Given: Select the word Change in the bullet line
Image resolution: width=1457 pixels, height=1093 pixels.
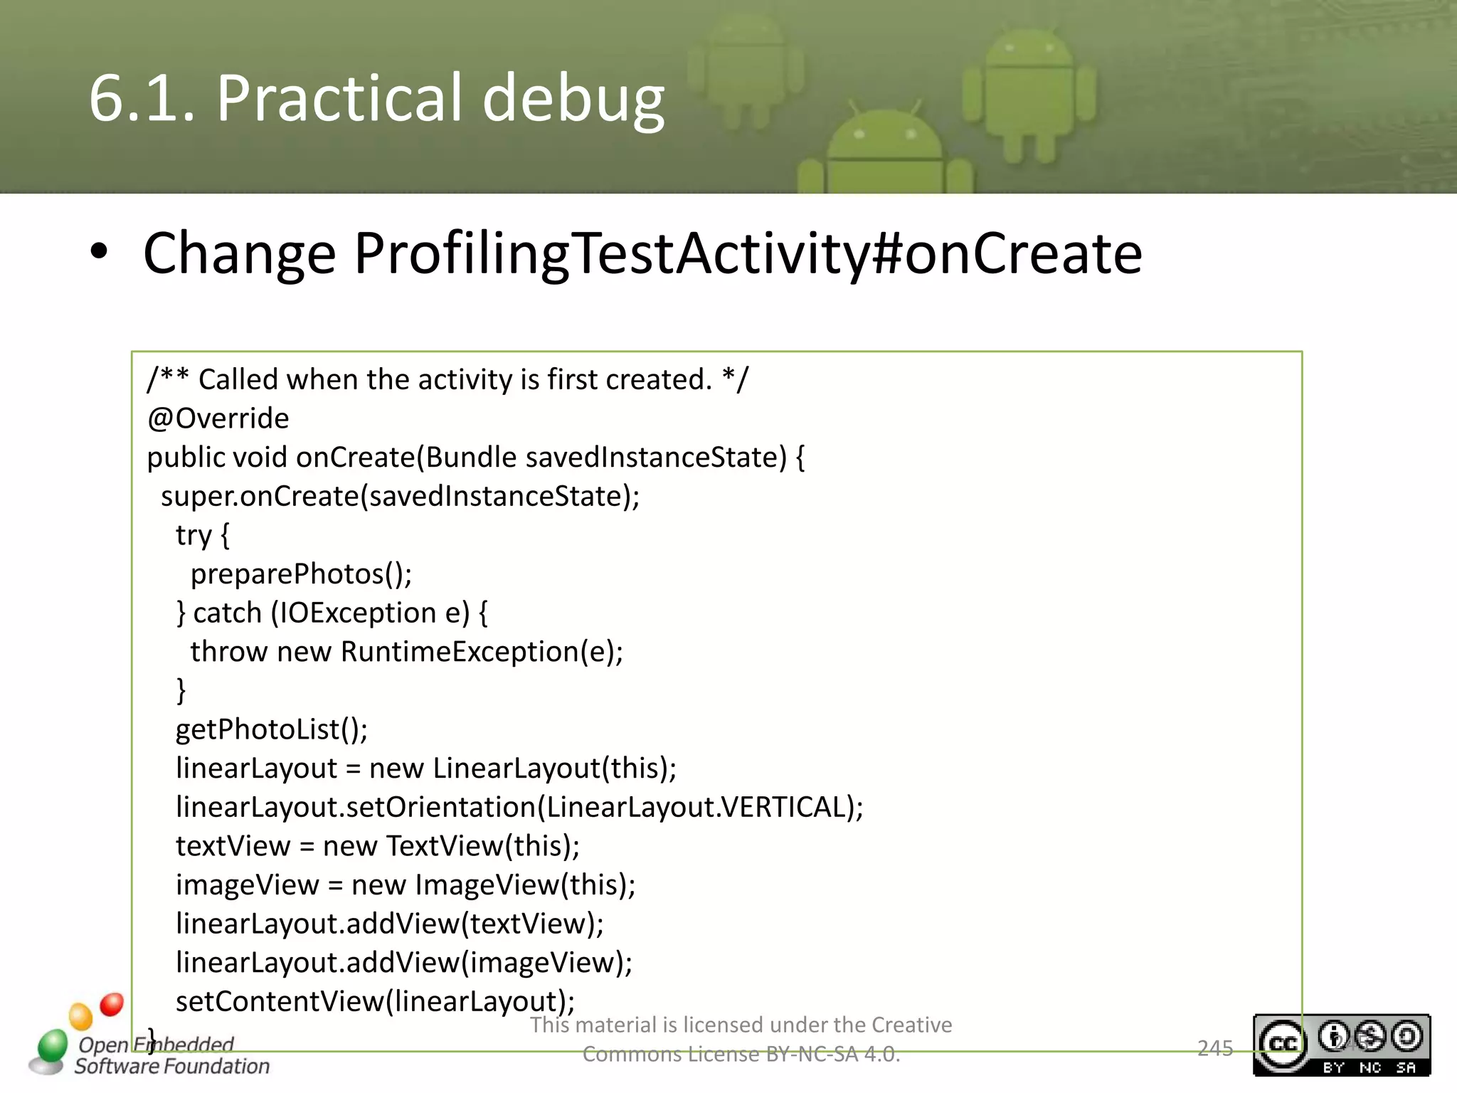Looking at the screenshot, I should tap(239, 253).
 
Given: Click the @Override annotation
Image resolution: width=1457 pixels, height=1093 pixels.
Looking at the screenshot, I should tap(218, 418).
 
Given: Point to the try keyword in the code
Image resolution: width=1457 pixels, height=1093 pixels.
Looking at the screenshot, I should tap(193, 535).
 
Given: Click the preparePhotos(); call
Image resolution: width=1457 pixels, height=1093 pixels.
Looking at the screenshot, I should tap(301, 574).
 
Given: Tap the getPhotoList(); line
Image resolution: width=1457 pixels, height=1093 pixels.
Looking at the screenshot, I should tap(272, 729).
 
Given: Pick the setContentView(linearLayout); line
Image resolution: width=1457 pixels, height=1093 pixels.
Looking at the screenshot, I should tap(375, 1001).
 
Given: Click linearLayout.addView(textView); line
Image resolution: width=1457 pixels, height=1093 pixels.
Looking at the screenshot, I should tap(389, 924).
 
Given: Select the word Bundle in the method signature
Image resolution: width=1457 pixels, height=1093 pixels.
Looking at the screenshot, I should tap(471, 458).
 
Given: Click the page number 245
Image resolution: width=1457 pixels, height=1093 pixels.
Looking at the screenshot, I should tap(1215, 1048).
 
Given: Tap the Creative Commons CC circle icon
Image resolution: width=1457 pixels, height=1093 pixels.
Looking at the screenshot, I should tap(1282, 1044).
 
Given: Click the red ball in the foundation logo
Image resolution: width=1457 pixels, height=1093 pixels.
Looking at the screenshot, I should tap(112, 1004).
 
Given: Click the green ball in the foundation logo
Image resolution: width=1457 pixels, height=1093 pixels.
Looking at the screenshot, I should tap(52, 1045).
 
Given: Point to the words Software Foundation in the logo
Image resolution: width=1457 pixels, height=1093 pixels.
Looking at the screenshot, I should tap(172, 1066).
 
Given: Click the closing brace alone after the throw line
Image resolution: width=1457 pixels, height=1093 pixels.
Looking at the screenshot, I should tap(181, 690).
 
